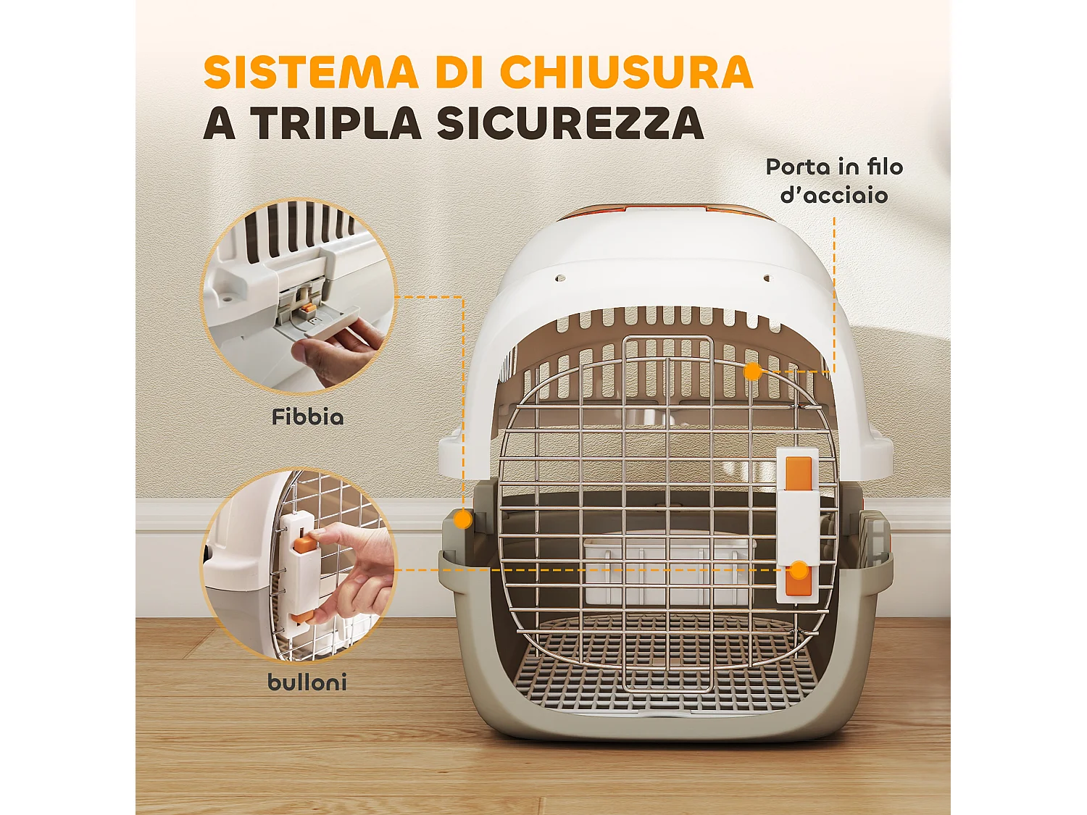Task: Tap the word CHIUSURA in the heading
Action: click(626, 72)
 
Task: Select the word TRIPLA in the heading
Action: click(336, 123)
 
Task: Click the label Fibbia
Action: click(308, 417)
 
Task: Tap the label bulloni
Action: click(307, 682)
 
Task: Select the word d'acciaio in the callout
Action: click(834, 196)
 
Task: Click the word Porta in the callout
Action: click(797, 167)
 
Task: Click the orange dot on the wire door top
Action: click(753, 372)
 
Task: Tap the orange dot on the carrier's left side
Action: click(462, 519)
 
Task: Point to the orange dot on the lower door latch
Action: click(799, 571)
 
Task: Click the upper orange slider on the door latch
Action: click(799, 472)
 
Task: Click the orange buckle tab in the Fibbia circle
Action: click(309, 309)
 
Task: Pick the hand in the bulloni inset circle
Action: click(355, 565)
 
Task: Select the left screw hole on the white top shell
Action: click(559, 277)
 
